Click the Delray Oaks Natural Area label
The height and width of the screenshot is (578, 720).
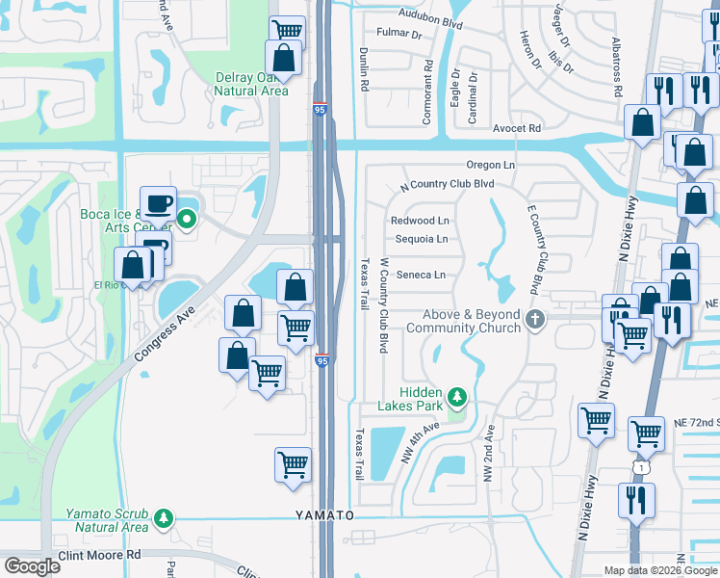(x=249, y=84)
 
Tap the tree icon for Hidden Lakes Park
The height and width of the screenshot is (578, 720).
(x=458, y=396)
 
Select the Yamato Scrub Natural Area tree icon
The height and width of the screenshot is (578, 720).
(x=165, y=518)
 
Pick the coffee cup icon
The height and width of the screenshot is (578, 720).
(x=159, y=203)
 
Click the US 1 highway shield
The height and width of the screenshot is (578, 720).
(x=639, y=466)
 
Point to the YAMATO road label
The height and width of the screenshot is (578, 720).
(x=324, y=516)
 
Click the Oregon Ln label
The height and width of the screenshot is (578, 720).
(x=491, y=166)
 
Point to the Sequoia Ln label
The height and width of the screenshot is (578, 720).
(x=421, y=239)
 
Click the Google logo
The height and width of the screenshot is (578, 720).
(x=33, y=566)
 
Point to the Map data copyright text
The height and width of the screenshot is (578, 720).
(x=659, y=570)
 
